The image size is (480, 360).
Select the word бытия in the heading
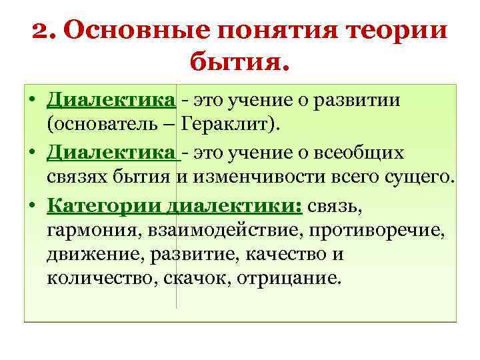coord(237,63)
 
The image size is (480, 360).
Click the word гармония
coord(83,231)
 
